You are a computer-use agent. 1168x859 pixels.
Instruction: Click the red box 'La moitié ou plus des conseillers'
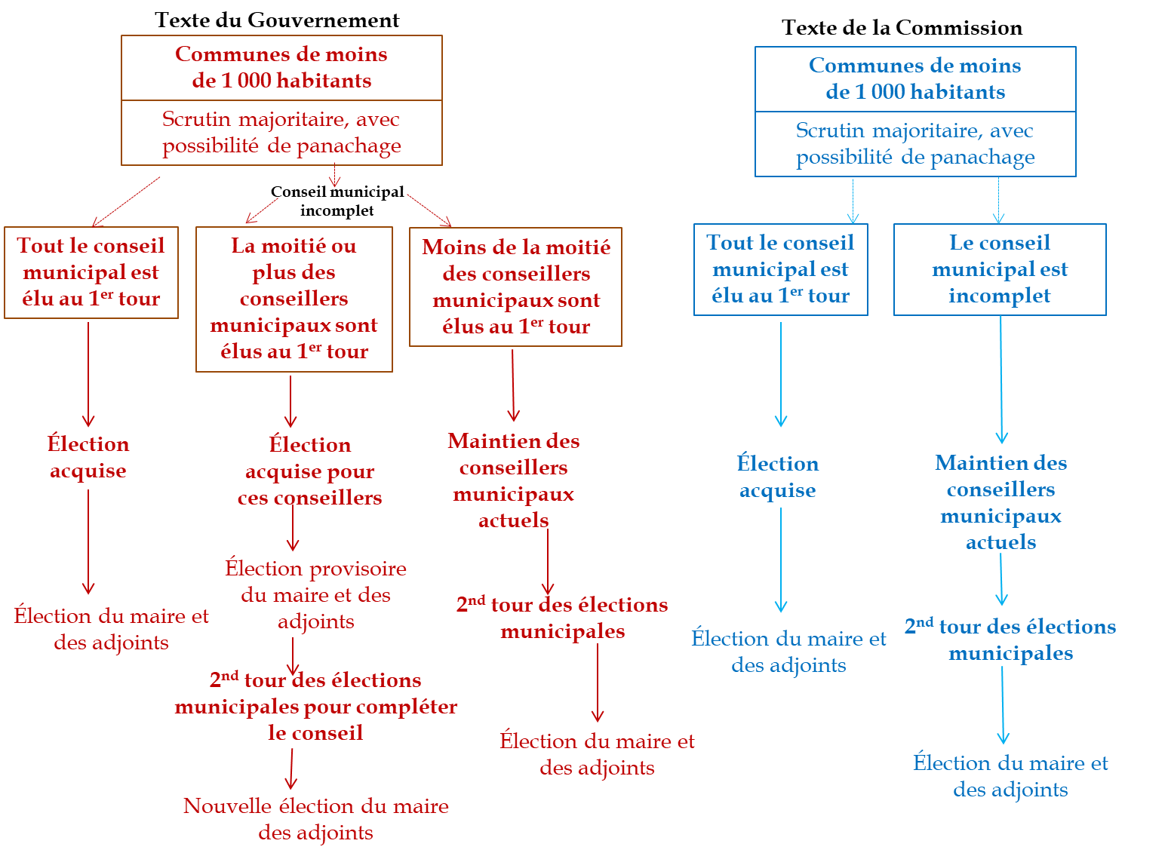(294, 299)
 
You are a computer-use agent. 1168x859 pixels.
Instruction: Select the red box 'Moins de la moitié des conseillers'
(515, 287)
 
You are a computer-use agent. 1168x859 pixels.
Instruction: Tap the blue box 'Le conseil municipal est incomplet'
(1000, 269)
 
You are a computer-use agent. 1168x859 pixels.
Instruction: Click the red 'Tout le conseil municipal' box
(91, 272)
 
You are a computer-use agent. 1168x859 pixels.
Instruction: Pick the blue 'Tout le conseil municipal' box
(780, 269)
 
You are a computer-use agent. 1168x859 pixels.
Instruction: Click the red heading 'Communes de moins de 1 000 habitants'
(281, 67)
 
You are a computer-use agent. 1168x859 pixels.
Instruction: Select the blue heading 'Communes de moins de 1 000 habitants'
(915, 78)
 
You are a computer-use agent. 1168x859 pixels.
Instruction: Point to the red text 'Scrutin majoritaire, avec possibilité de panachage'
(281, 132)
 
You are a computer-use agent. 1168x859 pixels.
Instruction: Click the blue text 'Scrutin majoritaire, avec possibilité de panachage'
(915, 143)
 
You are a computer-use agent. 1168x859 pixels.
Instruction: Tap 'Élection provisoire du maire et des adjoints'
(315, 594)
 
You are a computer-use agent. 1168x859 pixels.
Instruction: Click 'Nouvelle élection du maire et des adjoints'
(315, 819)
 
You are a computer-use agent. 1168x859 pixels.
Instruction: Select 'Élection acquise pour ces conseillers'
(309, 471)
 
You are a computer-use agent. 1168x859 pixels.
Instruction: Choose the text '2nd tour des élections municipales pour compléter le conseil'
(315, 707)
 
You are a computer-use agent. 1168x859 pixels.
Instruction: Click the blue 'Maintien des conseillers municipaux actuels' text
(1000, 502)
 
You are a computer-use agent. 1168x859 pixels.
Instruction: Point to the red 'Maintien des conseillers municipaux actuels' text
(514, 480)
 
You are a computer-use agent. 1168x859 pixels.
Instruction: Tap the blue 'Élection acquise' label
(777, 477)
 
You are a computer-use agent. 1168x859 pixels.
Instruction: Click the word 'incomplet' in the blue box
(1000, 296)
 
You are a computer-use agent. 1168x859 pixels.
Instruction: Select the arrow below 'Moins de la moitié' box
(513, 385)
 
